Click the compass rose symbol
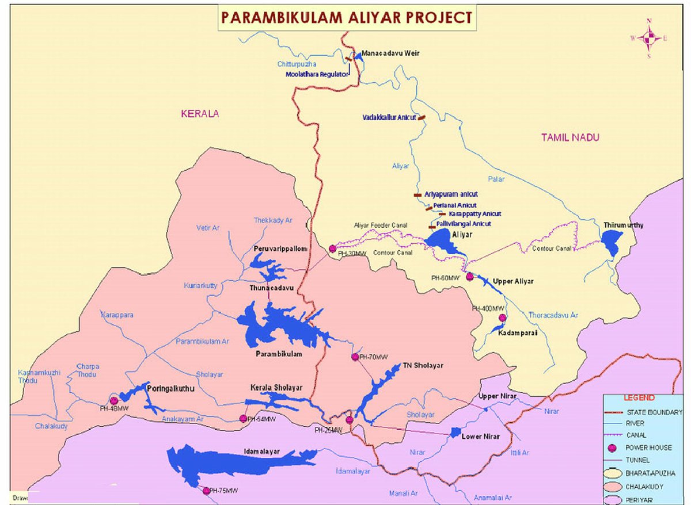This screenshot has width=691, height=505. (649, 38)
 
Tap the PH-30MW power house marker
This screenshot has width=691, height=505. (332, 248)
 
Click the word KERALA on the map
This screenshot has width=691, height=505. (200, 114)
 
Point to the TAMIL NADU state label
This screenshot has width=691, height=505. (570, 137)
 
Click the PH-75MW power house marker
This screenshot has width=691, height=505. (206, 491)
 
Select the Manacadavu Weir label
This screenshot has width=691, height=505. (391, 53)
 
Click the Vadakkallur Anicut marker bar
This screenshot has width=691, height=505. (422, 117)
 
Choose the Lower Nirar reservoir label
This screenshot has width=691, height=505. (480, 437)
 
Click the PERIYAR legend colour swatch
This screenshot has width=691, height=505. (614, 500)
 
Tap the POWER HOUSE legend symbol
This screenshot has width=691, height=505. (614, 448)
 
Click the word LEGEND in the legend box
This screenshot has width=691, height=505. (639, 398)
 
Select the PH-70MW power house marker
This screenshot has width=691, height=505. (355, 357)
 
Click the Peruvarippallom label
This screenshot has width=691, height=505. (280, 248)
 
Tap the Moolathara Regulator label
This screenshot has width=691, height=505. (317, 74)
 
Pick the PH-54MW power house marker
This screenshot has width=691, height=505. (243, 419)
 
